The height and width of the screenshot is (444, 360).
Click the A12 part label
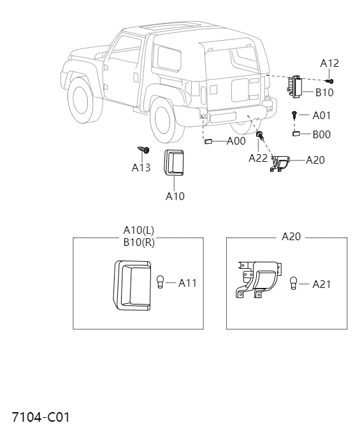tap(329, 63)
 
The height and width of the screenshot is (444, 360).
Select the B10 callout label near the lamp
tap(324, 92)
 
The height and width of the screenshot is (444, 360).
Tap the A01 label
tap(322, 116)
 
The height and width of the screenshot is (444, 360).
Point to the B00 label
tap(321, 134)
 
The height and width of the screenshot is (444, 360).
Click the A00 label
tap(236, 141)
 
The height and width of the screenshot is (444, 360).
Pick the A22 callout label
tap(258, 158)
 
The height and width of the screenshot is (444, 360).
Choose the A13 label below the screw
tap(141, 168)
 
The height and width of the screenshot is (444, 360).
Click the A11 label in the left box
tap(187, 283)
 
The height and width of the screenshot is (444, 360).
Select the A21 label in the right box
tap(322, 284)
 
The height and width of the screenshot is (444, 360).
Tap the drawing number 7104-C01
tap(40, 418)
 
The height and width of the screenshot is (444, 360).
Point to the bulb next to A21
tap(294, 283)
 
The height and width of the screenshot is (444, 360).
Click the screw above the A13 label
tap(143, 150)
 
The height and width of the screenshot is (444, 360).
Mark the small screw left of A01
tap(294, 115)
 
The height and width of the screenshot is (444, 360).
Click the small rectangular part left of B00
tap(296, 134)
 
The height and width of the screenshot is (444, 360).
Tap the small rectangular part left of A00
tap(208, 141)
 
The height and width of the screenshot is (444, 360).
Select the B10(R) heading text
tap(139, 241)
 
